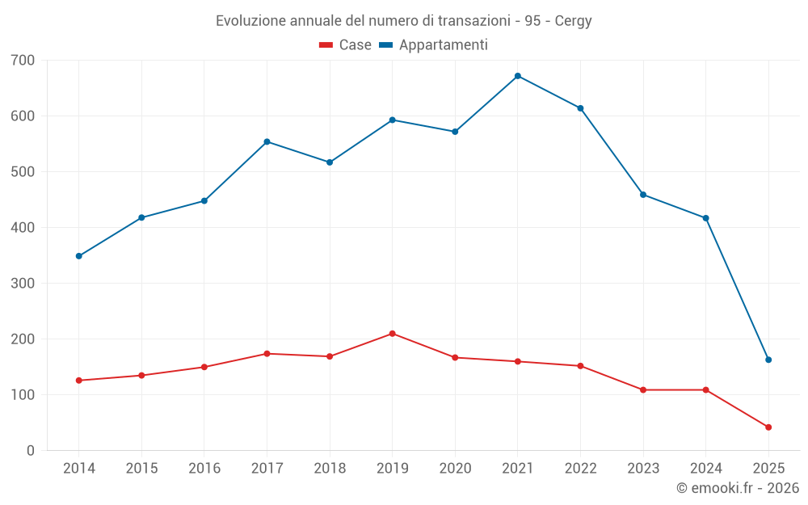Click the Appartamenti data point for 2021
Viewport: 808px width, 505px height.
tap(518, 76)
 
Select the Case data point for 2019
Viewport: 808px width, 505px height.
tap(392, 334)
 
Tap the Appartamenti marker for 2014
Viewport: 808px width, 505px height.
tap(78, 256)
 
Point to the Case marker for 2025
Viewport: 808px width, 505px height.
tap(768, 427)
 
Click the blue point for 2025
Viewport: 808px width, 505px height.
tap(768, 360)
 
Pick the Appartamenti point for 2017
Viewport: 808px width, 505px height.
tap(267, 141)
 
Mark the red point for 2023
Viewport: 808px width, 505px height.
tap(643, 390)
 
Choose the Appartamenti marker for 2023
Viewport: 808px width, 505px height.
tap(643, 195)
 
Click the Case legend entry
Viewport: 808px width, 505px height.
tap(346, 45)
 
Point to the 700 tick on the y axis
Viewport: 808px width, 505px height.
tap(23, 60)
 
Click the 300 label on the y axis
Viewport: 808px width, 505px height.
tap(23, 284)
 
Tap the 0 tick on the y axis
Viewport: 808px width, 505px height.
tap(31, 451)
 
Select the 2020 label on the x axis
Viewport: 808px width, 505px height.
tap(455, 469)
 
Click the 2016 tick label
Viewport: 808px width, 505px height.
tap(204, 469)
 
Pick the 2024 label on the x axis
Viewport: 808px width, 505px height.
tap(705, 469)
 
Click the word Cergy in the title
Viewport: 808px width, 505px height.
tap(573, 21)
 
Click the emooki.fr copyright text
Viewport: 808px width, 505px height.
tap(738, 488)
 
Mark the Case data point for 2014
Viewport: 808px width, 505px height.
tap(78, 381)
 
